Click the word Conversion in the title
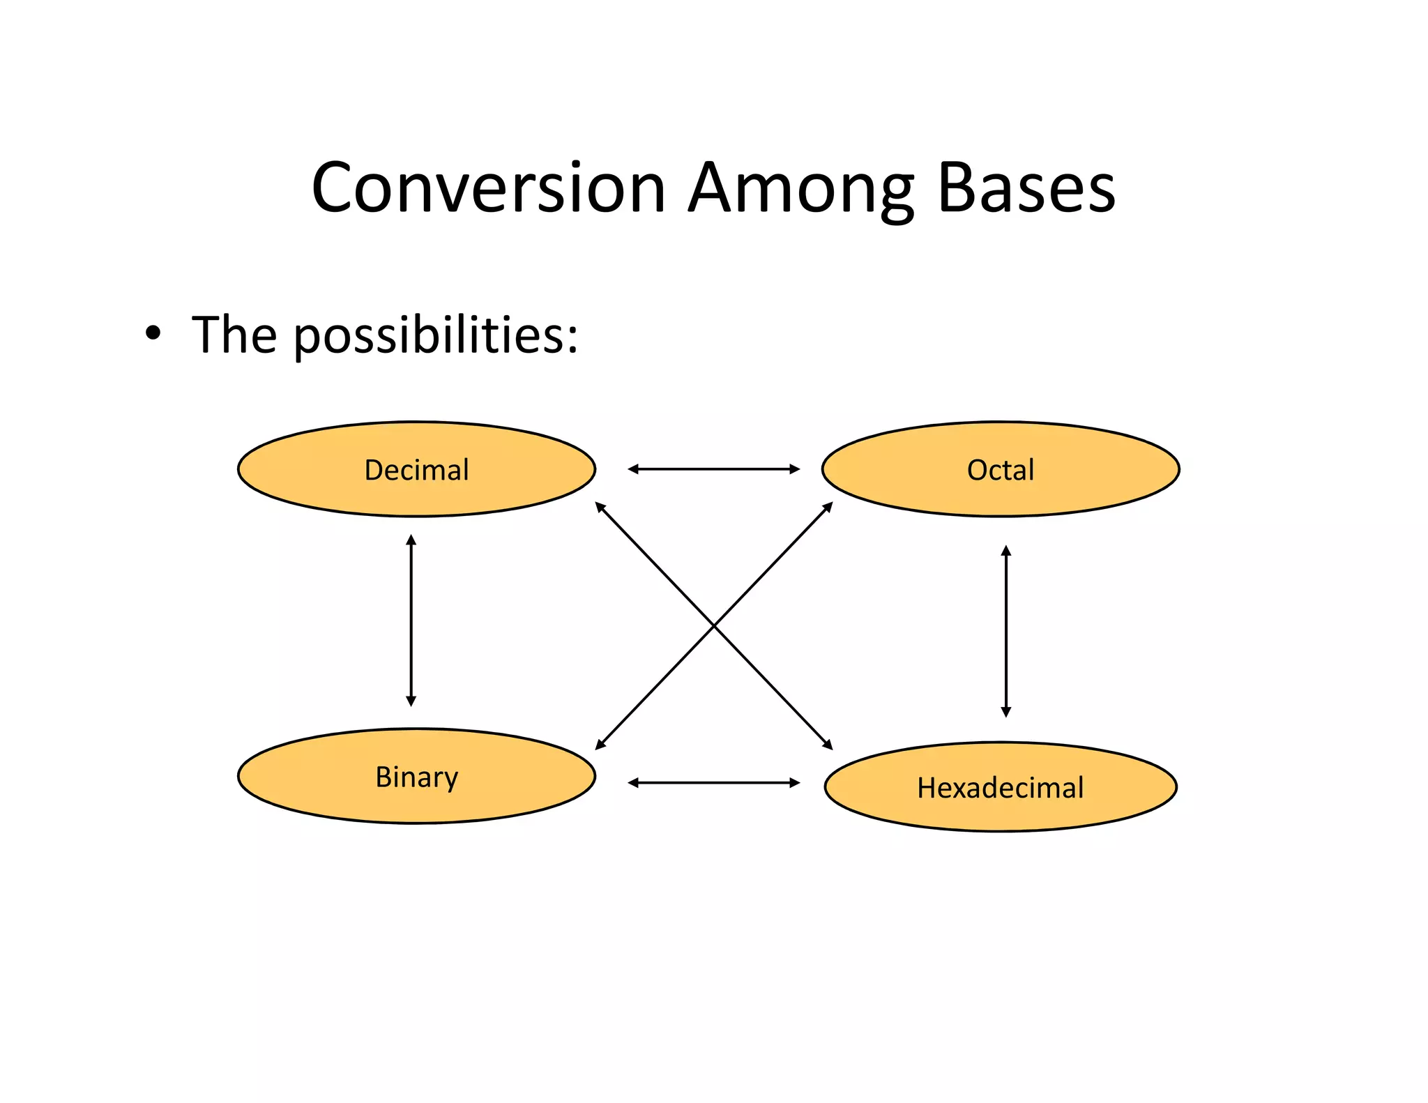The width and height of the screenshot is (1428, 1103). coord(488,188)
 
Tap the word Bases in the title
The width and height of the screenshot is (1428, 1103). coord(1026,188)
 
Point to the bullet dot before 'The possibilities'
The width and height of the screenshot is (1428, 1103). coord(153,333)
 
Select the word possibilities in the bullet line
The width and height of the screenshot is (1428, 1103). coord(435,335)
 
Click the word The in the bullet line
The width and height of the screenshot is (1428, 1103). coord(234,335)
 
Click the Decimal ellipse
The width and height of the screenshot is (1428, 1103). coord(416,469)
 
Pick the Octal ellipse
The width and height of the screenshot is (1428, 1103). coord(1000,469)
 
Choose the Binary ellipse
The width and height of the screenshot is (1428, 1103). coord(416,776)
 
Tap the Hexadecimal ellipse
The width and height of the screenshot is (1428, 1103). coord(1000,786)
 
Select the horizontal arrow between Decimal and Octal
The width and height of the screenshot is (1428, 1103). coord(713,469)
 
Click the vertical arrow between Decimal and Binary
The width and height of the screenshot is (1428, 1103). coord(411,621)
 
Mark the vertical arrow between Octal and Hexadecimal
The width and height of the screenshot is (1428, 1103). coord(1005,631)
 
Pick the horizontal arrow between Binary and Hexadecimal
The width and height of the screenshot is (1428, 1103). coord(713,783)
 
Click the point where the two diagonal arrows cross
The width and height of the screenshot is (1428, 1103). coord(714,626)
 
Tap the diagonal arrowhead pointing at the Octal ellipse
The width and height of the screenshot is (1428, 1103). coord(828,507)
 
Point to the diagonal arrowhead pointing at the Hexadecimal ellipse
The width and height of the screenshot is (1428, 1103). coord(828,745)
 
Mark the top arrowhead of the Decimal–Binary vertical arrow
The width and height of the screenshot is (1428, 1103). coord(411,539)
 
